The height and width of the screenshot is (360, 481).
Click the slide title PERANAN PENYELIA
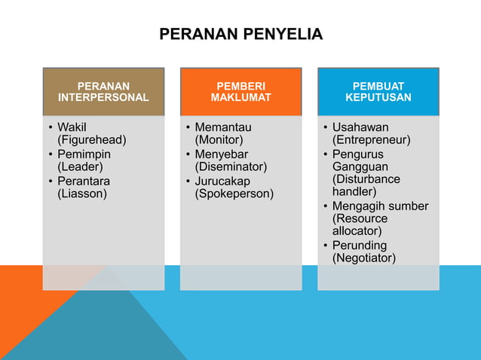[x=240, y=34]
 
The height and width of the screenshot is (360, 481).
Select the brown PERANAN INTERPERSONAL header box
[x=103, y=92]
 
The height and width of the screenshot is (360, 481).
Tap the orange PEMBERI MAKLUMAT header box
[x=240, y=92]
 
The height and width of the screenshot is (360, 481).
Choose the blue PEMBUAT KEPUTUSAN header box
[x=378, y=92]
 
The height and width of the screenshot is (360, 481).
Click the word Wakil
[x=72, y=127]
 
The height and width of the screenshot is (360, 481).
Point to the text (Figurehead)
[x=92, y=140]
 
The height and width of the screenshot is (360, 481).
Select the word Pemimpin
[x=84, y=154]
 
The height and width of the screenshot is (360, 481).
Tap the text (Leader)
[x=80, y=167]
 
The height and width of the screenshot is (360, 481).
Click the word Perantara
[x=84, y=182]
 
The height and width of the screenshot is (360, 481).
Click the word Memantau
[x=222, y=127]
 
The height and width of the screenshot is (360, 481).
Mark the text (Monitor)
[x=219, y=140]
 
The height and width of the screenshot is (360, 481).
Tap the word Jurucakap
[x=222, y=182]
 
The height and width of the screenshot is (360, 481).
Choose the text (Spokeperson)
[x=234, y=194]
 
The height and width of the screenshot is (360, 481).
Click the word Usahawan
[x=360, y=127]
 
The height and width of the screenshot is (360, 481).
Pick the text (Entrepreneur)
[x=371, y=140]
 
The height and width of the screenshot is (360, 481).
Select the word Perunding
[x=360, y=246]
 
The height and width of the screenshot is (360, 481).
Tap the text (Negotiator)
[x=363, y=258]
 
